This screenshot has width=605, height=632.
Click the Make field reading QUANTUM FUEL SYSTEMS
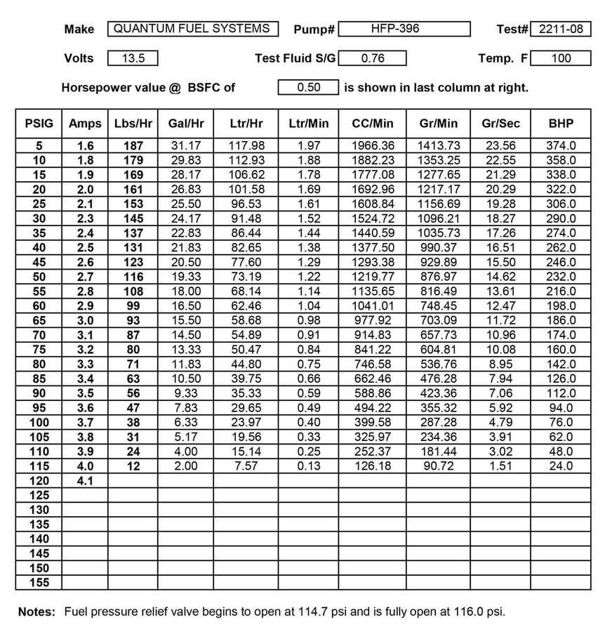(192, 29)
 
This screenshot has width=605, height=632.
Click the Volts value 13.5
(133, 58)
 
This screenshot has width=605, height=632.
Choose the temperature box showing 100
(561, 58)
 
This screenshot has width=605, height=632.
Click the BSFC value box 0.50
(309, 88)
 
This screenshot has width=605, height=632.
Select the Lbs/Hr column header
(133, 124)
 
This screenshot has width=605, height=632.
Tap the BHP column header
(561, 124)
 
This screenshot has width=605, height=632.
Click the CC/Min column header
(372, 124)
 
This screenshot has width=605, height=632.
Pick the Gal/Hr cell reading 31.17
(185, 146)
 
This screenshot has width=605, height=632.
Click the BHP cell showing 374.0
(561, 146)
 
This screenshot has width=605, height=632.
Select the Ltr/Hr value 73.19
(246, 277)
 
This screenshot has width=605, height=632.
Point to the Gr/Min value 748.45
(438, 306)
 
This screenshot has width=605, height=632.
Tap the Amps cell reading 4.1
(85, 481)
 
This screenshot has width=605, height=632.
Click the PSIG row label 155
(39, 583)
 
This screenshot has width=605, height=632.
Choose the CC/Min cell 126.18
(372, 466)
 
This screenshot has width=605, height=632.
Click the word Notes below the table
(36, 612)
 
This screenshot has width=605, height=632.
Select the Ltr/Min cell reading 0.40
(309, 423)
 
